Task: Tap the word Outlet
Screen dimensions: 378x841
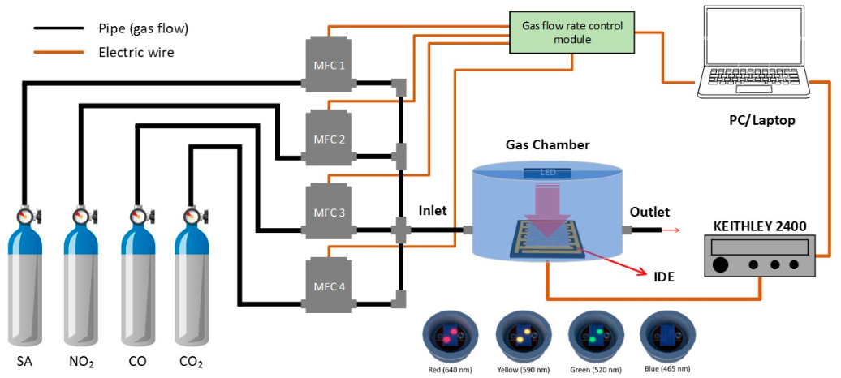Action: point(649,212)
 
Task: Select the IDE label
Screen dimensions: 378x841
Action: point(664,277)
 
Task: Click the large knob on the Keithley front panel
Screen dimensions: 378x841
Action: point(720,265)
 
